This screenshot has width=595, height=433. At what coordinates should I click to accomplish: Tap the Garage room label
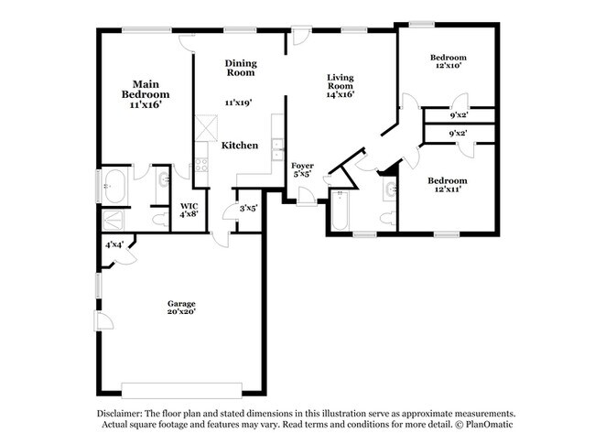(x=181, y=304)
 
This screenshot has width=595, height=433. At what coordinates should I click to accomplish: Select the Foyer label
(x=302, y=166)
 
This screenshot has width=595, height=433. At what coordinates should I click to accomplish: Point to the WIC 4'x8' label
(x=189, y=210)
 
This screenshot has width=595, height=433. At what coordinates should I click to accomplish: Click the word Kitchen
(x=240, y=146)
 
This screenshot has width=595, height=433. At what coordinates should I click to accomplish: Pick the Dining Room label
(x=241, y=68)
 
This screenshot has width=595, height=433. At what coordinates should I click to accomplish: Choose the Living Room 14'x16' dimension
(x=341, y=94)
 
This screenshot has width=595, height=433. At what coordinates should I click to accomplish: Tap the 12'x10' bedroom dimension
(x=449, y=65)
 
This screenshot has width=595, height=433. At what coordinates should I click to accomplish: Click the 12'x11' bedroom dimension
(x=448, y=189)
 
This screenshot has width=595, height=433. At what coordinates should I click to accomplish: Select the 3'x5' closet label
(x=249, y=209)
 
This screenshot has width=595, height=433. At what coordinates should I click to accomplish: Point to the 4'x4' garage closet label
(x=114, y=244)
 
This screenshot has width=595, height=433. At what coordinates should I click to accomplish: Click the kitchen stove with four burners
(x=201, y=165)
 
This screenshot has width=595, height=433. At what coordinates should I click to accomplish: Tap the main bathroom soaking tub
(x=114, y=186)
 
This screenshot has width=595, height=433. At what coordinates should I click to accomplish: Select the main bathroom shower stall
(x=114, y=220)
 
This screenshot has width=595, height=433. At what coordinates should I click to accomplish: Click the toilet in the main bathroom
(x=160, y=220)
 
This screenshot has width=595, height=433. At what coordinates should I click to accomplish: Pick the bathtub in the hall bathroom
(x=340, y=211)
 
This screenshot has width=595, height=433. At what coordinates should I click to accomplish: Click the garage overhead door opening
(x=181, y=391)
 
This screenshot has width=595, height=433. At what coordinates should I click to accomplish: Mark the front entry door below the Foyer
(x=307, y=197)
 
